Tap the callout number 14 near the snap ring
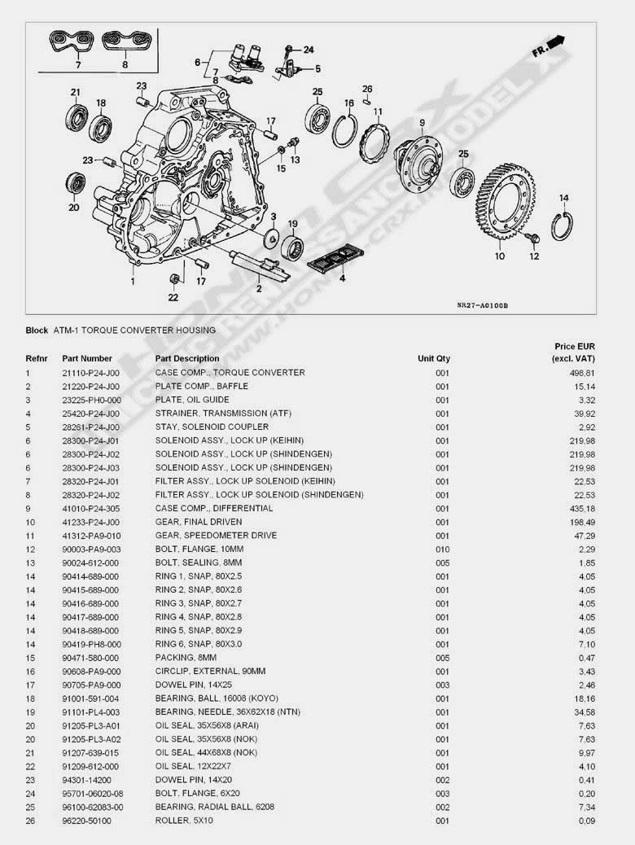[x=563, y=198]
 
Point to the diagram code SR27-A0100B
[x=482, y=305]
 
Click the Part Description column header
[x=187, y=358]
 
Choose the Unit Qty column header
[x=434, y=358]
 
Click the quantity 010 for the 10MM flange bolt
[x=442, y=549]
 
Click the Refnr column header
[x=37, y=358]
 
